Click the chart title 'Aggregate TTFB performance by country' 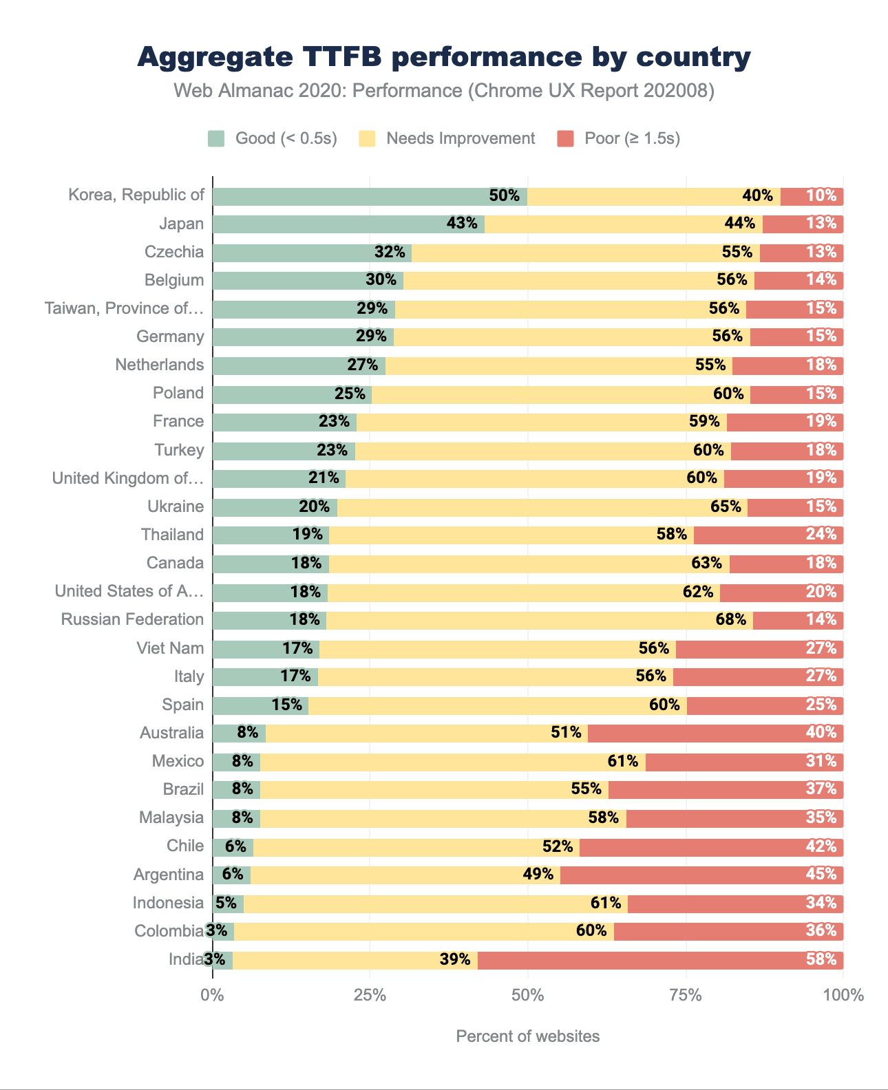[x=444, y=57]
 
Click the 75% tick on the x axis [x=686, y=994]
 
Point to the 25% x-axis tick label [x=370, y=994]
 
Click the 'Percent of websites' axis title [x=527, y=1036]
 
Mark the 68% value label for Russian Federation [x=731, y=619]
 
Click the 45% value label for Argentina [x=821, y=875]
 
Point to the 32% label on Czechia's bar [x=390, y=253]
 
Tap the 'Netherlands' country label [x=160, y=365]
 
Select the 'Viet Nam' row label [x=171, y=648]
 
